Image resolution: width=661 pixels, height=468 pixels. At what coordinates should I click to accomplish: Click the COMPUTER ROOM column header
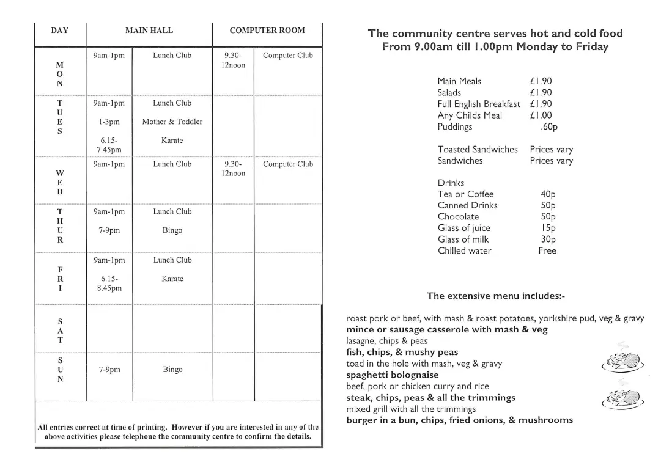pyautogui.click(x=267, y=31)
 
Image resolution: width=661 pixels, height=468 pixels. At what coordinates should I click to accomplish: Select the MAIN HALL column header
pyautogui.click(x=149, y=31)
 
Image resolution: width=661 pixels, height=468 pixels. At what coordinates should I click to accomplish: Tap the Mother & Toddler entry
pyautogui.click(x=172, y=122)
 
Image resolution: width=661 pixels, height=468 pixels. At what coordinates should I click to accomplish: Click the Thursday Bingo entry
pyautogui.click(x=172, y=230)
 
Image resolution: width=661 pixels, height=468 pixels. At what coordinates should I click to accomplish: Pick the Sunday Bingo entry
pyautogui.click(x=172, y=370)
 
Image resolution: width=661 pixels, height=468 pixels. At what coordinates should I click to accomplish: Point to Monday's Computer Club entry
pyautogui.click(x=287, y=56)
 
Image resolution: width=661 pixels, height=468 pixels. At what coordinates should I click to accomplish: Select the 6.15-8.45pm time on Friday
pyautogui.click(x=109, y=283)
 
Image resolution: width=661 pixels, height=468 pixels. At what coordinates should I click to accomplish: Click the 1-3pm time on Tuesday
pyautogui.click(x=109, y=122)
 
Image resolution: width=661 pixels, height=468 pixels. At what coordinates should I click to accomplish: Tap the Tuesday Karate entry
pyautogui.click(x=172, y=141)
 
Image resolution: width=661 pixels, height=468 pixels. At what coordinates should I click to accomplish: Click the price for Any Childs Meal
pyautogui.click(x=541, y=115)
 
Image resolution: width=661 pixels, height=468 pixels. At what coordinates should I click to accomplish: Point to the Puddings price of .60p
pyautogui.click(x=548, y=127)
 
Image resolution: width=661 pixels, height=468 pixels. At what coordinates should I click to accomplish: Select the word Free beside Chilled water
pyautogui.click(x=547, y=251)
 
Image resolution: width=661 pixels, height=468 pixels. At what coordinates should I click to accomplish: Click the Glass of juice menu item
pyautogui.click(x=463, y=229)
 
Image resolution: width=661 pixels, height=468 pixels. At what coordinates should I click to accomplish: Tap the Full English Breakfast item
pyautogui.click(x=479, y=104)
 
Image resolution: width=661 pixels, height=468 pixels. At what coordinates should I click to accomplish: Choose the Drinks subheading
pyautogui.click(x=451, y=183)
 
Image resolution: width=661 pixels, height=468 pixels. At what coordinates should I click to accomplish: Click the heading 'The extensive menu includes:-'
pyautogui.click(x=495, y=296)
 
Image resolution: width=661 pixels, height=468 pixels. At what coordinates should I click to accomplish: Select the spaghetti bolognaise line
pyautogui.click(x=392, y=375)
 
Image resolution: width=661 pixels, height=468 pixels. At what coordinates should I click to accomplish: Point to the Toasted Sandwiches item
pyautogui.click(x=477, y=150)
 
